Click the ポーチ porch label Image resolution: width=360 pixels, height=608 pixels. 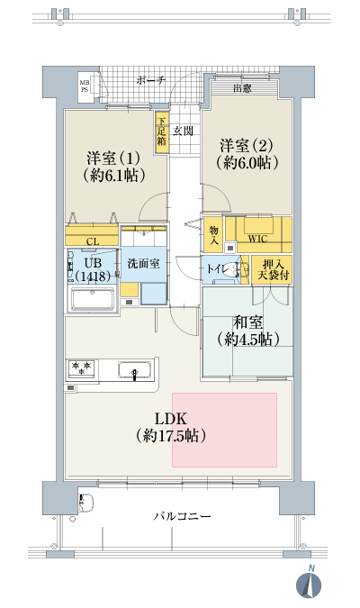(x=151, y=80)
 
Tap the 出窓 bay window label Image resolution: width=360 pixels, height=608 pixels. (x=241, y=87)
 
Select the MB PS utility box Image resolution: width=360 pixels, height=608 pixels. (x=85, y=86)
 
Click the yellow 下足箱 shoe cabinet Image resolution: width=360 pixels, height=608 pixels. (x=161, y=132)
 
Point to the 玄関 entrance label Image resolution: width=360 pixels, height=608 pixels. (x=184, y=131)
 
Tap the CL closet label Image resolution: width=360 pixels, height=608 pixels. (x=93, y=240)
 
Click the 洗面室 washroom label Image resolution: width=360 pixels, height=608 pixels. (x=143, y=265)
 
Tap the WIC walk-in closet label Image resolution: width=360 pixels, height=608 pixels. (x=258, y=239)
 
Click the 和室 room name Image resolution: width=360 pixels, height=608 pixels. (x=247, y=321)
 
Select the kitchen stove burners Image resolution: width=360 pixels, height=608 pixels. (x=82, y=368)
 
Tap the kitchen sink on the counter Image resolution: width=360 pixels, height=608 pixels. (x=135, y=369)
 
